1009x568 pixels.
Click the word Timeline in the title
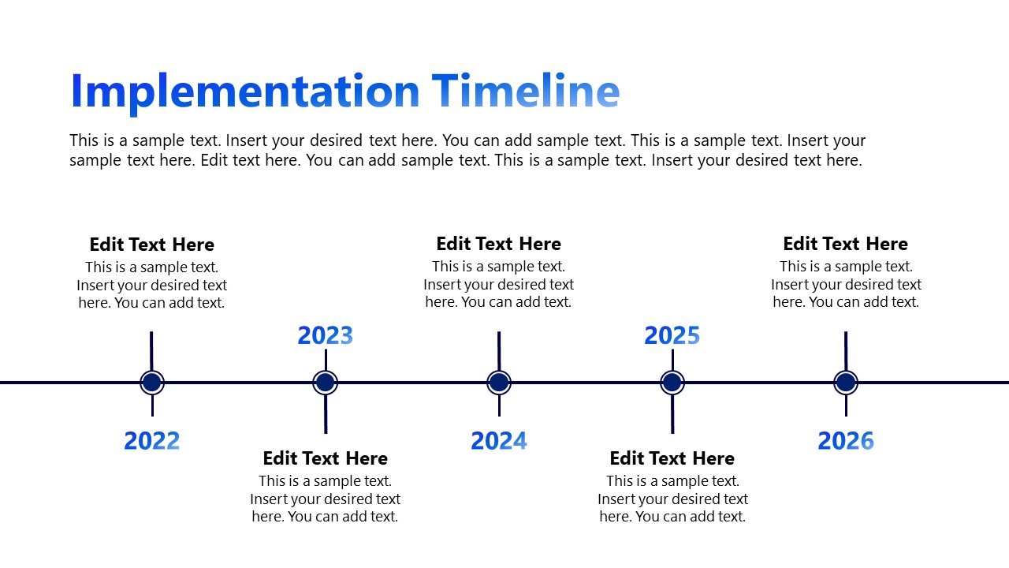coord(526,92)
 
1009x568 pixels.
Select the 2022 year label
coord(152,440)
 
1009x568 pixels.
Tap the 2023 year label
coord(325,335)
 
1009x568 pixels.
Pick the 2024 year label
coord(499,440)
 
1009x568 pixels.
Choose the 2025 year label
coord(672,335)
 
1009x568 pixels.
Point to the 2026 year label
coord(846,440)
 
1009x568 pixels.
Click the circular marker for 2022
coord(152,383)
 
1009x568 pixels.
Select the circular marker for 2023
coord(325,383)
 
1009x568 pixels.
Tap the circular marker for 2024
coord(499,383)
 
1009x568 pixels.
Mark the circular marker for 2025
coord(672,383)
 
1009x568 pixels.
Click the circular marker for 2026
coord(846,383)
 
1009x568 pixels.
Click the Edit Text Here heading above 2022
coord(152,245)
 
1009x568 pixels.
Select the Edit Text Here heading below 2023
coord(325,458)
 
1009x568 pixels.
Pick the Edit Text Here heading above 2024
coord(499,244)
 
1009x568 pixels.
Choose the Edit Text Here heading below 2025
coord(672,458)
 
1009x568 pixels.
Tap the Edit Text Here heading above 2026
coord(846,244)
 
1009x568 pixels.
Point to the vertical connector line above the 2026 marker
coord(846,350)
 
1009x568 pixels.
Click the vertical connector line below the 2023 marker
coord(326,414)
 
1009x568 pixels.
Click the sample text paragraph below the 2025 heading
coord(672,499)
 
